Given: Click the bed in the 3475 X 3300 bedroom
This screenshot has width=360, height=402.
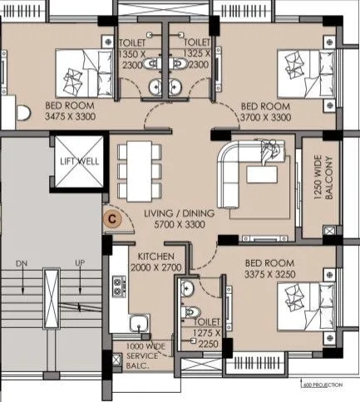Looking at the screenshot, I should click(x=79, y=72).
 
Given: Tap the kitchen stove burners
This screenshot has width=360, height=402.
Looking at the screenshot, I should click(x=119, y=285).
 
